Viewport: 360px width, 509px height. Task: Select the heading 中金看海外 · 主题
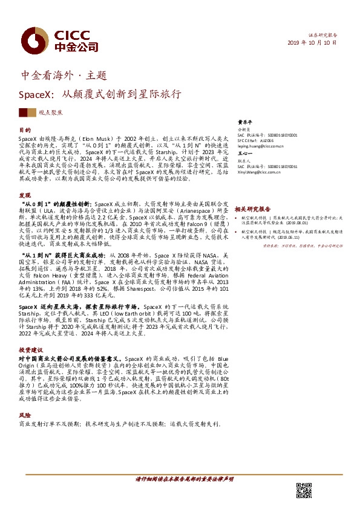64,76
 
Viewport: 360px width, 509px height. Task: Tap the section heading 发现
25,195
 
